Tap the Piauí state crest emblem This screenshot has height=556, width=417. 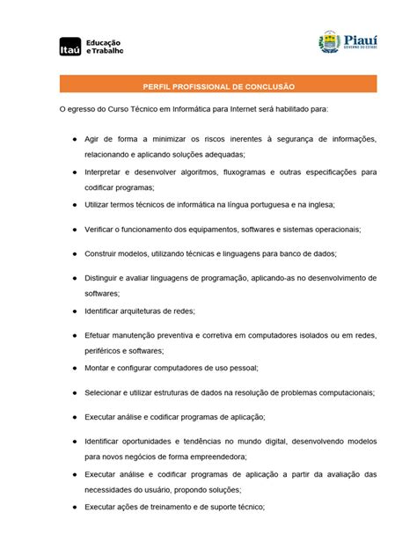(x=329, y=41)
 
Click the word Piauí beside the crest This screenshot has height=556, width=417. (x=362, y=39)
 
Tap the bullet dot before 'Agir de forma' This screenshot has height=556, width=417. (x=75, y=139)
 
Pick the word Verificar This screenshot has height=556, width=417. (x=103, y=229)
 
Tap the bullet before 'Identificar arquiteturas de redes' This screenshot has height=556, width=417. (x=75, y=311)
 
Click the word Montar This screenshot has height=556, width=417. (x=99, y=368)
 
